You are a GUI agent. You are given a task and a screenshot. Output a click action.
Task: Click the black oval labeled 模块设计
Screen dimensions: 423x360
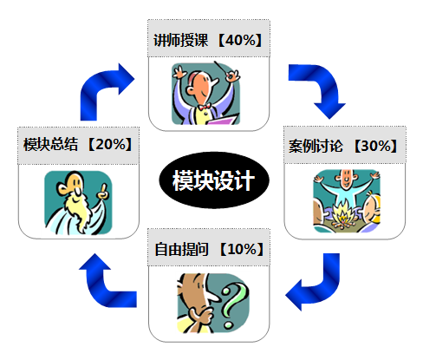click(214, 180)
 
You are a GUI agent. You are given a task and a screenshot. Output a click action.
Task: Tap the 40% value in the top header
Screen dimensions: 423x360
click(240, 40)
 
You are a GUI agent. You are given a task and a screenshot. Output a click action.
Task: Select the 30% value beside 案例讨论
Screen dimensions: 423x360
click(376, 146)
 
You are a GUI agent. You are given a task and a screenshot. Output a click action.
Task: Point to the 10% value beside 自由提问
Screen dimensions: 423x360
click(242, 249)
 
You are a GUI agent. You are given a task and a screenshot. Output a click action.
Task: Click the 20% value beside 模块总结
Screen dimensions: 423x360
click(110, 144)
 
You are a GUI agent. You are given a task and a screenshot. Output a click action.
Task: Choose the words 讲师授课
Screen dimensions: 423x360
click(180, 40)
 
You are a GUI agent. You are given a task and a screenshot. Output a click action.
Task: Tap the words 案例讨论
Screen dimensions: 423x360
click(316, 146)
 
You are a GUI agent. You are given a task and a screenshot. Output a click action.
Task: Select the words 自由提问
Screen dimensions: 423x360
click(181, 249)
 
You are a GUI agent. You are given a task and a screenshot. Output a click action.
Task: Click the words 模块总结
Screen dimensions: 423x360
click(50, 144)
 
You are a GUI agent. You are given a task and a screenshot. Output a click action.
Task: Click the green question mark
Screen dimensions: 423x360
click(234, 305)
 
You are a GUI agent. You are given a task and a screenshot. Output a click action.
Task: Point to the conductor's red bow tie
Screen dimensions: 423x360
click(205, 107)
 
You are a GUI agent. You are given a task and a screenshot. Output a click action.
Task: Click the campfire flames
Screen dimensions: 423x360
click(343, 212)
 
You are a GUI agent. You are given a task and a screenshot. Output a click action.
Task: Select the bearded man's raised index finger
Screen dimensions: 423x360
click(104, 188)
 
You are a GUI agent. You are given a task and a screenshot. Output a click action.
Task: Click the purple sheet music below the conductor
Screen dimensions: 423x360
click(223, 120)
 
